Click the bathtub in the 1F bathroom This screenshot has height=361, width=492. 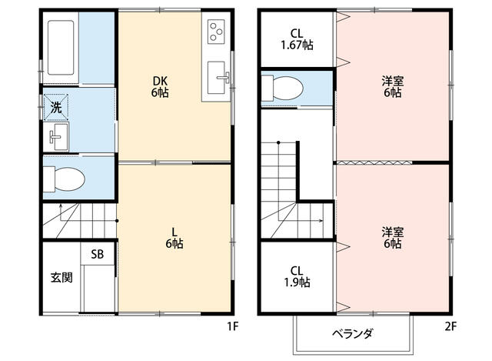click(x=61, y=48)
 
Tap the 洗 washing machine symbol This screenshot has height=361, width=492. click(x=56, y=108)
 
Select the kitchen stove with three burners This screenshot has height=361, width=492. click(x=216, y=32)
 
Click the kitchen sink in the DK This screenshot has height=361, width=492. click(x=217, y=77)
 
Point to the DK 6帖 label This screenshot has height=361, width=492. click(x=160, y=87)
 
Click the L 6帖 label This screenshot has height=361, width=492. click(x=175, y=238)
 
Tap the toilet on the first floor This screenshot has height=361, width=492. click(x=64, y=179)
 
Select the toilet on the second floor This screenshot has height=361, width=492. click(x=282, y=89)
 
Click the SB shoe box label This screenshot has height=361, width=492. click(x=98, y=254)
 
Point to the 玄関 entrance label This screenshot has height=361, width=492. click(x=61, y=277)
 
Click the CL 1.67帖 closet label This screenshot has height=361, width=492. click(x=297, y=39)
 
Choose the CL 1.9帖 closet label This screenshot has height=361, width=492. click(x=297, y=276)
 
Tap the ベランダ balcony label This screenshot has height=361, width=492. click(x=353, y=333)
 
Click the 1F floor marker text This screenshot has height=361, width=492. click(x=233, y=327)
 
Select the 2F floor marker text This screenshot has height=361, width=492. click(x=450, y=327)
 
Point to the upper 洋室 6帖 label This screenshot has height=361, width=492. click(x=393, y=87)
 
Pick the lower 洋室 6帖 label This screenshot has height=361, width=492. click(x=393, y=238)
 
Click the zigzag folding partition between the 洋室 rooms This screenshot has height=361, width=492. click(x=374, y=162)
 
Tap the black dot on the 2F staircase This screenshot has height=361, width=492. click(x=278, y=142)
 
